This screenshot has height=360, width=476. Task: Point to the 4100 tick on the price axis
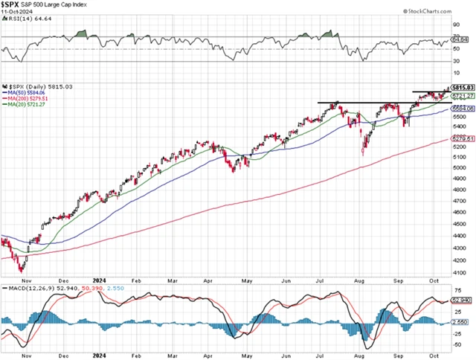[x=462, y=273]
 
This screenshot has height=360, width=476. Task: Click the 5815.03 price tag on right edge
[x=464, y=88]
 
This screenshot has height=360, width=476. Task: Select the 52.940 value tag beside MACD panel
[x=463, y=300]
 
